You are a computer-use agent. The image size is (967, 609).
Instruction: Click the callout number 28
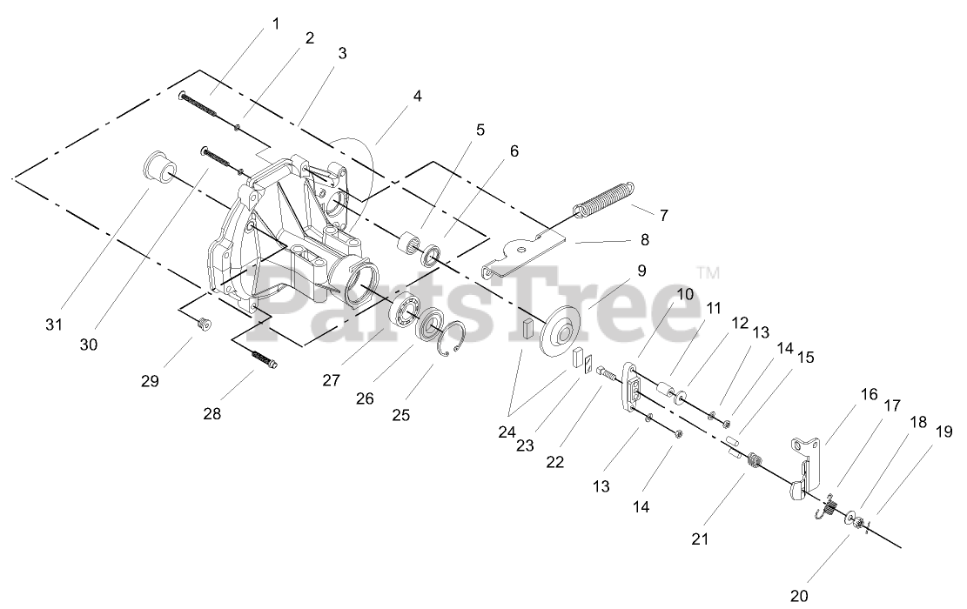(212, 413)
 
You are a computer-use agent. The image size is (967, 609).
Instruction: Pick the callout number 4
(418, 97)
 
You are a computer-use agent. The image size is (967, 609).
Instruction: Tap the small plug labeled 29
(204, 325)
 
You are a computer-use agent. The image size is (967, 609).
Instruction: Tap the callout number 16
(870, 394)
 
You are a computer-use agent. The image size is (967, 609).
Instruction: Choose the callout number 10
(685, 293)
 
